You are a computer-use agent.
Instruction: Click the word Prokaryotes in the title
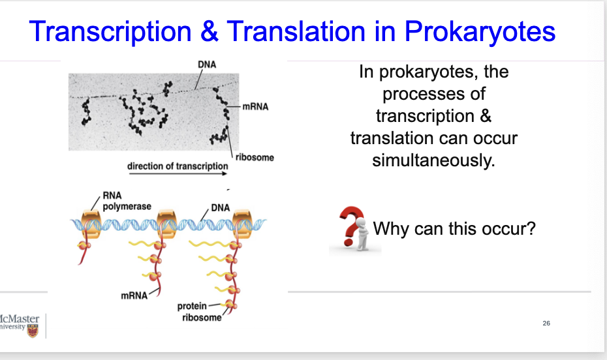(x=480, y=32)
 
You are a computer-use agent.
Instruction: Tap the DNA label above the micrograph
(x=207, y=65)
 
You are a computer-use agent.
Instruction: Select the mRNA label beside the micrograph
(x=255, y=107)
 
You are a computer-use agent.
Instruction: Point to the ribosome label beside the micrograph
(x=255, y=157)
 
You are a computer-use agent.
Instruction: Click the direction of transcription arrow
(x=178, y=173)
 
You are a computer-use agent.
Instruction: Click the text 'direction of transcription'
(x=178, y=166)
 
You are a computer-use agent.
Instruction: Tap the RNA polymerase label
(x=127, y=201)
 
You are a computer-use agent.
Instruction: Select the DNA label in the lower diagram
(x=220, y=207)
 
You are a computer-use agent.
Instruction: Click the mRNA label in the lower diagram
(x=134, y=296)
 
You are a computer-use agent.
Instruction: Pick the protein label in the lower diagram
(x=192, y=307)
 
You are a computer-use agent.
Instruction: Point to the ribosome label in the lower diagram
(x=202, y=318)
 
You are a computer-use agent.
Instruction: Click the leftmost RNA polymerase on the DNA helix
(x=91, y=224)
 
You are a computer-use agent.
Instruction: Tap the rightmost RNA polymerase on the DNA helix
(x=242, y=224)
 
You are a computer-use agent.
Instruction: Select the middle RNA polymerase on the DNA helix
(x=167, y=224)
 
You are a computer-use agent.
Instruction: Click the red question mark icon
(x=352, y=226)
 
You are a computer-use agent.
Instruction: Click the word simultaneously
(x=433, y=160)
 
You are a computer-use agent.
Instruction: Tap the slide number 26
(x=546, y=323)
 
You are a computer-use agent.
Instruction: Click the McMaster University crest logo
(x=33, y=331)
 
